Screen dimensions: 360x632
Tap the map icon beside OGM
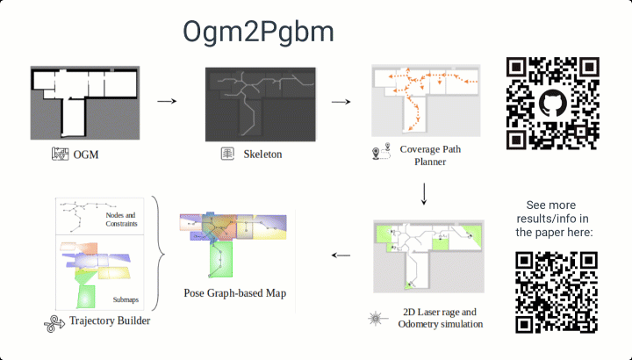tap(60, 155)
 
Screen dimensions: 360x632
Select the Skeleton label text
tap(262, 155)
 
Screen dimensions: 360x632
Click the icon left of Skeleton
tap(226, 155)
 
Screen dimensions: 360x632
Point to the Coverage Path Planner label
tap(430, 155)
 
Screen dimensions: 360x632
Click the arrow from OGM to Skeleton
tap(167, 101)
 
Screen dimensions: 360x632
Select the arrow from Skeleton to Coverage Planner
tap(341, 101)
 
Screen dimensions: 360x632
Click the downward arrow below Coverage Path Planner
tap(425, 193)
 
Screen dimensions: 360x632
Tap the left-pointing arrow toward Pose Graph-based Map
tap(341, 256)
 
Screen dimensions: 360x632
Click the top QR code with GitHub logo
tap(553, 102)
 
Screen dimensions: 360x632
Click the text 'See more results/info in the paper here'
tap(554, 218)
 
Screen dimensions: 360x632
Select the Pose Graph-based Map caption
tap(235, 292)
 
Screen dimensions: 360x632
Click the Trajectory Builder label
tap(110, 321)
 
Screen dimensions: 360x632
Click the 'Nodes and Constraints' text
tap(120, 219)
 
